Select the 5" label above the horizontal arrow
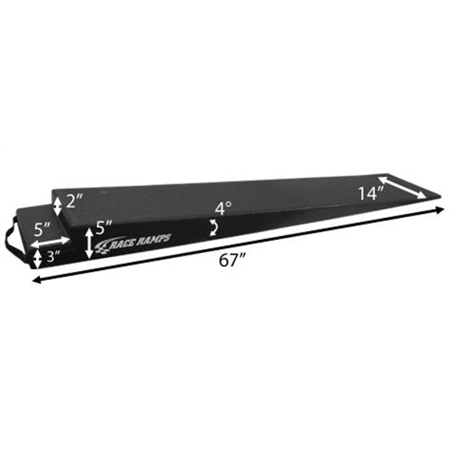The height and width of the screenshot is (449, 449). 45,227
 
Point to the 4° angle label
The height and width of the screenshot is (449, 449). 223,209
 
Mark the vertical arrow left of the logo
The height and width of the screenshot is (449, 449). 88,242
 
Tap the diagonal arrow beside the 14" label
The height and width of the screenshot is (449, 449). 400,187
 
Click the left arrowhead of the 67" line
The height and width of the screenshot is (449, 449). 35,281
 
